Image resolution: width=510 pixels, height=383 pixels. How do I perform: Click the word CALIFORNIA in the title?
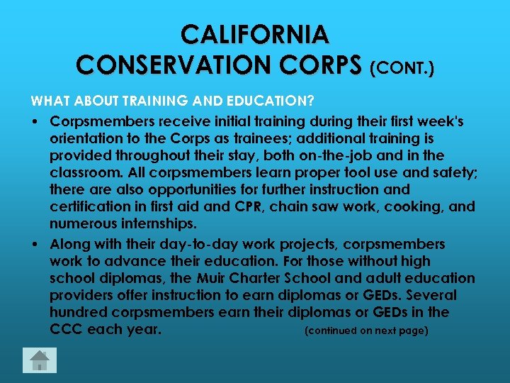click(x=255, y=34)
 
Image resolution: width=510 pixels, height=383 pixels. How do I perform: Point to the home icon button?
click(x=40, y=360)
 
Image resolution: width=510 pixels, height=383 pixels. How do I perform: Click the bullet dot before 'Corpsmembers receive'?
click(x=35, y=122)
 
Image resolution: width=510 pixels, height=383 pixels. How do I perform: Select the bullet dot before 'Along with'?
click(x=35, y=244)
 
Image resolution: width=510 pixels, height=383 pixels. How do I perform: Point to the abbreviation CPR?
click(x=247, y=207)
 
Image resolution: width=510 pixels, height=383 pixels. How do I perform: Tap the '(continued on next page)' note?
click(x=365, y=331)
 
